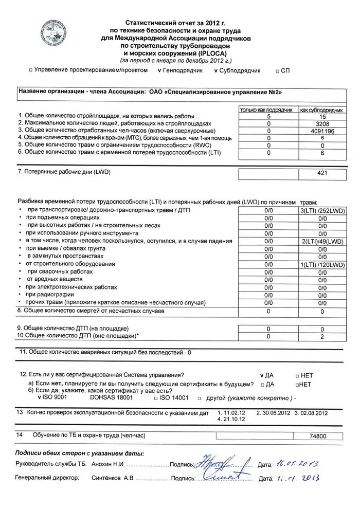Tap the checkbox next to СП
[277, 71]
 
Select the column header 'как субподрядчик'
[322, 110]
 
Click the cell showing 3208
[322, 124]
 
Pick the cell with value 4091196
[322, 131]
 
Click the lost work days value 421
[322, 174]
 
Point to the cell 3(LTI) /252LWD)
[322, 211]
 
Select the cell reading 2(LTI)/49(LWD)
[322, 241]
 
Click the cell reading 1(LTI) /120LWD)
[322, 264]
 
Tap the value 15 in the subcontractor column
[322, 117]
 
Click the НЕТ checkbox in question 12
[298, 376]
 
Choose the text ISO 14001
[174, 398]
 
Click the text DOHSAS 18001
[112, 398]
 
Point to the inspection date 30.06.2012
[274, 413]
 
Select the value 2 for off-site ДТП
[322, 336]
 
